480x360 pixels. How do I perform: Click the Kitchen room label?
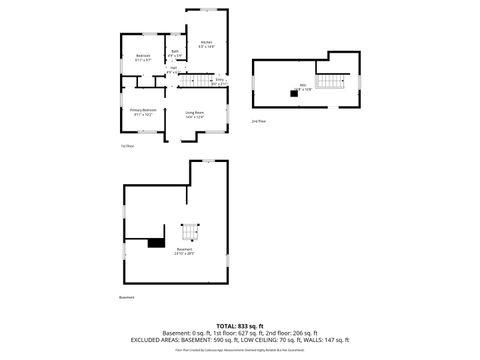[207, 44]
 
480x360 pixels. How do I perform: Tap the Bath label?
[174, 53]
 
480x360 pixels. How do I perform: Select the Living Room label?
[194, 115]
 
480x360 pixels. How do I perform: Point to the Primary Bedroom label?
[143, 112]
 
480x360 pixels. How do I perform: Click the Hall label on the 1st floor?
[172, 70]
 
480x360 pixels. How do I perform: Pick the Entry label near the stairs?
[220, 81]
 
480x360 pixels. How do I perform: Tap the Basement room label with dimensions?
[184, 251]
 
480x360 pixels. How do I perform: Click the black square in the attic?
[294, 93]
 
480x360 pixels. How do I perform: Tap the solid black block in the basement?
[156, 241]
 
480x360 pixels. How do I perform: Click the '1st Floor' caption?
[126, 146]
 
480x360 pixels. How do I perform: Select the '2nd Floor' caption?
[258, 122]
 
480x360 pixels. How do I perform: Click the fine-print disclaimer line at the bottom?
[240, 349]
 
